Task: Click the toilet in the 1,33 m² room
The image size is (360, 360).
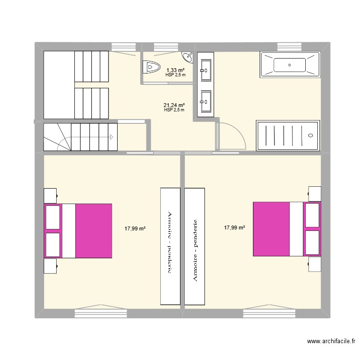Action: pos(151,67)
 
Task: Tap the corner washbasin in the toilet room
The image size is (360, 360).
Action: pos(188,57)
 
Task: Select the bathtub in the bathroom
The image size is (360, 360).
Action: pos(289,65)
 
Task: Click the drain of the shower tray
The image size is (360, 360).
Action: pos(311,135)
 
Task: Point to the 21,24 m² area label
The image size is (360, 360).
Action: pos(174,105)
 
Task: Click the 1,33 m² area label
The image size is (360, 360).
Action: pos(176,70)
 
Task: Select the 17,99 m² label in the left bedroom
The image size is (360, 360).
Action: pos(135,228)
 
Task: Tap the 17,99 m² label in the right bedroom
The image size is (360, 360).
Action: pos(234,228)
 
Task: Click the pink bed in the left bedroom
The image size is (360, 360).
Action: pos(78,231)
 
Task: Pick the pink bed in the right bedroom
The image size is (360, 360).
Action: pos(287,229)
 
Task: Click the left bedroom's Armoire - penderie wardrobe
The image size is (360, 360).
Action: pos(170,246)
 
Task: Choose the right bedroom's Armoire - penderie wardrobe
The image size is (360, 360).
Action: pos(195,246)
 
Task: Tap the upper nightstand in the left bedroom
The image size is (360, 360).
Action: pos(50,196)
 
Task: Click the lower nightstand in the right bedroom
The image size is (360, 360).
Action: pos(314,264)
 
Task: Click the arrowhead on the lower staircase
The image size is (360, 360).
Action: pos(111,137)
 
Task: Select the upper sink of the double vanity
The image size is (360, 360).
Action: pos(206,70)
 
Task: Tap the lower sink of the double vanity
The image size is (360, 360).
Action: pos(206,101)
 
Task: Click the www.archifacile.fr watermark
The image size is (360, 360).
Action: pos(331,341)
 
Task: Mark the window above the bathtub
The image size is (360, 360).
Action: pos(289,47)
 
